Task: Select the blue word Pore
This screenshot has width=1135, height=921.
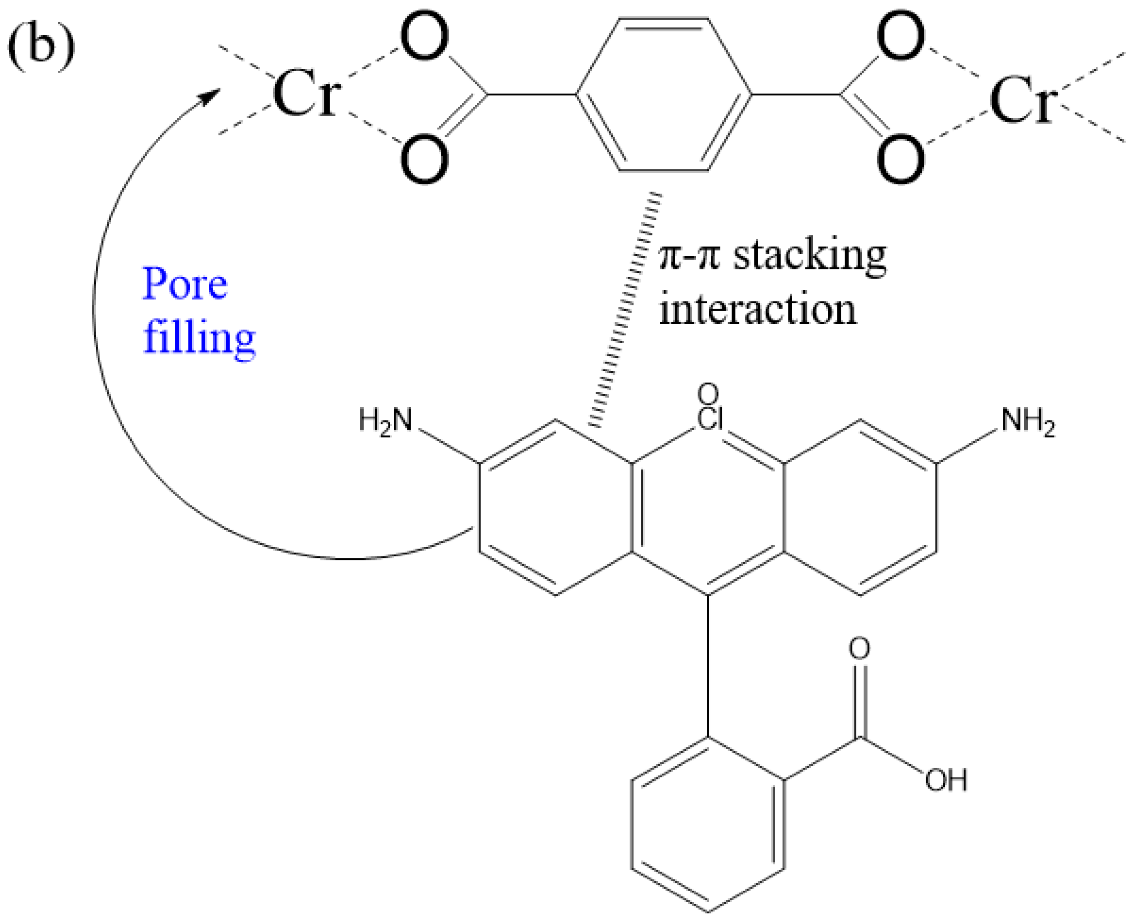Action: [x=185, y=285]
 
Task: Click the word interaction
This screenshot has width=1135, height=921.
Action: [x=757, y=310]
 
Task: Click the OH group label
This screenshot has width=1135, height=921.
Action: [x=946, y=780]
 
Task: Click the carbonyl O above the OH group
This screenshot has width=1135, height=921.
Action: [x=859, y=648]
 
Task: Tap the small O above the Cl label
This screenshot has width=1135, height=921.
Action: [x=708, y=395]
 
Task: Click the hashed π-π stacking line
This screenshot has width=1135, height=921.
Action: [x=625, y=310]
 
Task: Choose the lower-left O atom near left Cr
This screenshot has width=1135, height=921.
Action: [x=425, y=159]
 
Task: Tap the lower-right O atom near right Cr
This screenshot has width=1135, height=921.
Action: [x=901, y=159]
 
